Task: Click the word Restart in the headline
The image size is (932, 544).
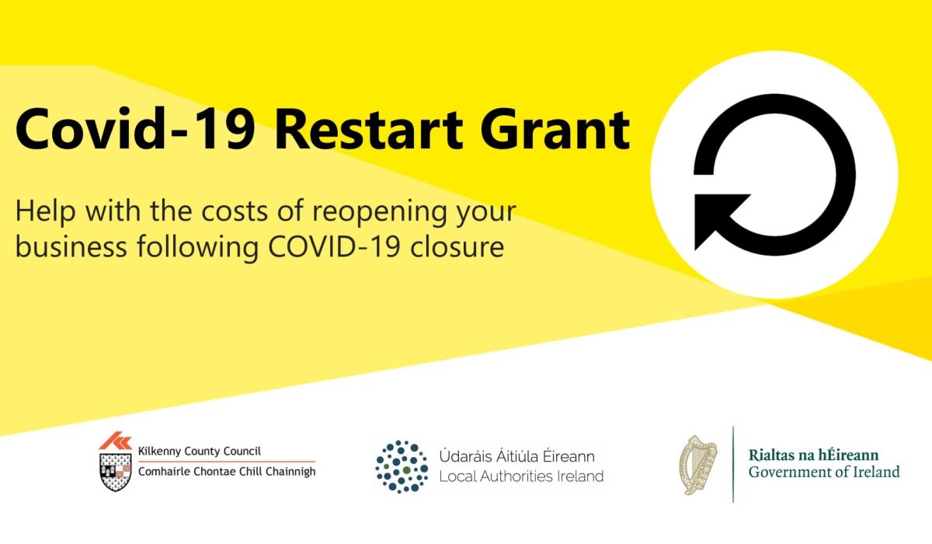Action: [x=369, y=129]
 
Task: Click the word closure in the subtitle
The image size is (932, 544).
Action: [x=457, y=247]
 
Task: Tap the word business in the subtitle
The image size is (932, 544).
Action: [x=71, y=247]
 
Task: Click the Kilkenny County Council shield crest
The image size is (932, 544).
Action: [x=116, y=472]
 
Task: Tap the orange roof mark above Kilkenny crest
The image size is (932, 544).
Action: [x=116, y=441]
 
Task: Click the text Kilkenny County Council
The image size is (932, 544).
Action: [x=200, y=452]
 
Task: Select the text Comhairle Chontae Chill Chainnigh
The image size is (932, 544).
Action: [x=227, y=472]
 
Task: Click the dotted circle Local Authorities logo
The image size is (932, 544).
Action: [x=402, y=466]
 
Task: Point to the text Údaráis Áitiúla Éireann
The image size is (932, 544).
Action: [x=516, y=455]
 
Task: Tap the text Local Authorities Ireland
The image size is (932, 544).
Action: [x=521, y=476]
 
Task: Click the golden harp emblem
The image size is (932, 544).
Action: [x=697, y=465]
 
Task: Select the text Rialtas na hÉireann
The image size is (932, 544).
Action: [x=813, y=455]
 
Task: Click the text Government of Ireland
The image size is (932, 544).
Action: [x=824, y=472]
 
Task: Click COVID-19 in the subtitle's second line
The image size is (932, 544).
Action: [x=334, y=247]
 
